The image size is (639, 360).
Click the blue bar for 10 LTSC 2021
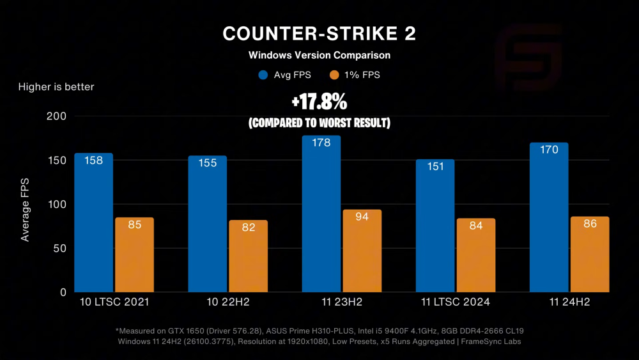click(x=93, y=224)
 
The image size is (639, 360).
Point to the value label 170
click(x=549, y=150)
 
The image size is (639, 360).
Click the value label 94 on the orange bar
click(x=362, y=217)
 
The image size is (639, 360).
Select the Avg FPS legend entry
click(x=285, y=75)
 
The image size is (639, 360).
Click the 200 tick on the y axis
click(x=57, y=116)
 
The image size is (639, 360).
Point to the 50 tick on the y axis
click(x=60, y=248)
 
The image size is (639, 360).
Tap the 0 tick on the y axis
click(x=63, y=292)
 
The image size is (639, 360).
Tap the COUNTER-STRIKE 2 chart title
click(x=319, y=34)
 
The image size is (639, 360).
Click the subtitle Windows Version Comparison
click(x=319, y=55)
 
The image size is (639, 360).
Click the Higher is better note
click(x=56, y=86)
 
